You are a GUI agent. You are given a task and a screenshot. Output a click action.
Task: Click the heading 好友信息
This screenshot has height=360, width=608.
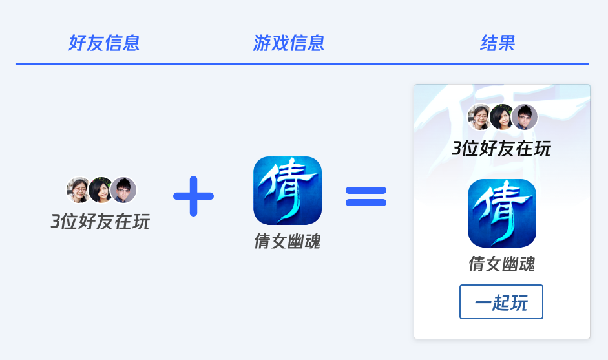tap(104, 43)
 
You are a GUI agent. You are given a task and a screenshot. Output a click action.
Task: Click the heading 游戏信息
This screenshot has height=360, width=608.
tap(288, 43)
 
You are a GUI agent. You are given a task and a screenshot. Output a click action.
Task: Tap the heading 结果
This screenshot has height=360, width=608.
tap(498, 43)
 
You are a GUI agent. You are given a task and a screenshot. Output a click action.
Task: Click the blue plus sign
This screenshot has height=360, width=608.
tap(193, 195)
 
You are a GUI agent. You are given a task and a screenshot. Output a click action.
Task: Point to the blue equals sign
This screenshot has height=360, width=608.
tap(366, 196)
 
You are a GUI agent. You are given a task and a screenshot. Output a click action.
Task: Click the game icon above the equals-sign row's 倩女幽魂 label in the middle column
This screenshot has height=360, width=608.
tap(288, 191)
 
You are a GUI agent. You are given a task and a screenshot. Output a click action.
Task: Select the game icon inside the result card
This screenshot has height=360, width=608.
tap(502, 213)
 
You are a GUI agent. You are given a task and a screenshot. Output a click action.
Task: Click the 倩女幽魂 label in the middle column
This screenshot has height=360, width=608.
tap(288, 242)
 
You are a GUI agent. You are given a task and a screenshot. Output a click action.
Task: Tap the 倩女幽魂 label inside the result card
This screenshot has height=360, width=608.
tap(502, 264)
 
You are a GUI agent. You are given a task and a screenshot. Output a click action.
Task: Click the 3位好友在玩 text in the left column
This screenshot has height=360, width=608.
tap(100, 222)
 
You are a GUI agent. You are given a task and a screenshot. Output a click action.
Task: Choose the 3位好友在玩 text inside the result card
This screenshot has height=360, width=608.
tap(501, 148)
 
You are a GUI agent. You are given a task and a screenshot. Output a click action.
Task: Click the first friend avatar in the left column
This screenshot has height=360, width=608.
tap(79, 190)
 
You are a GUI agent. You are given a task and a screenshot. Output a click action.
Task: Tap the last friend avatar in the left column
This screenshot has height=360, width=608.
tap(123, 190)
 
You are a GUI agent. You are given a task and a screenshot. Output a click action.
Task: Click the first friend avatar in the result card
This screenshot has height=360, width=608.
tap(480, 117)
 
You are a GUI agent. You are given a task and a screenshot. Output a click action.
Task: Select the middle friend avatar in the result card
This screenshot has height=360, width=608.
tap(501, 117)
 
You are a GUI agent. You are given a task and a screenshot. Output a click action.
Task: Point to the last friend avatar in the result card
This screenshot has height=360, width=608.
tap(525, 117)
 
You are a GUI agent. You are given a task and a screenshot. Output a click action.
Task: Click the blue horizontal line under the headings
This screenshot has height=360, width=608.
tap(302, 64)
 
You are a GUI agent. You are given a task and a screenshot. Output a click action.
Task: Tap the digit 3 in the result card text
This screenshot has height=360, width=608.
tap(457, 149)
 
